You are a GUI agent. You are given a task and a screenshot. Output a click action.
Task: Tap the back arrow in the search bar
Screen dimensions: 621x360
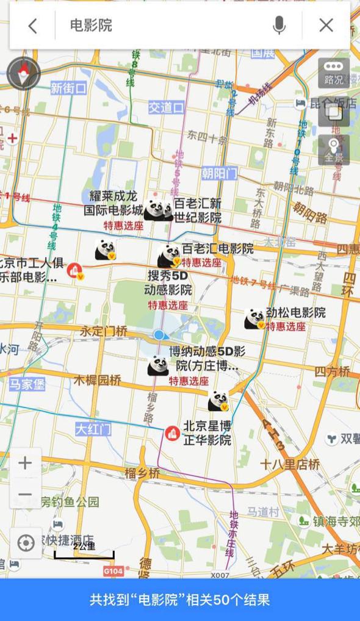pyautogui.click(x=33, y=26)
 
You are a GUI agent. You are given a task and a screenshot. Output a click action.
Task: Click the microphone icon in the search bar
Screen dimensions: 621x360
pyautogui.click(x=279, y=26)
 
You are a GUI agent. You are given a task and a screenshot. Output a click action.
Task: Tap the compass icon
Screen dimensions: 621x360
pyautogui.click(x=24, y=73)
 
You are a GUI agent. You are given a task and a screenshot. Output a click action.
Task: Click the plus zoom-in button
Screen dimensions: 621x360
pyautogui.click(x=25, y=463)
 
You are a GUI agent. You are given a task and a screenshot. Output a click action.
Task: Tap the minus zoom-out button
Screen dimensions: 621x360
pyautogui.click(x=25, y=494)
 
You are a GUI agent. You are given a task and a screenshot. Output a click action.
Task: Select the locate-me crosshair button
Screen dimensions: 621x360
pyautogui.click(x=26, y=543)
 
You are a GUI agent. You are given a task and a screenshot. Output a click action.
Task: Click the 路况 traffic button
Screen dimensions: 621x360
pyautogui.click(x=334, y=73)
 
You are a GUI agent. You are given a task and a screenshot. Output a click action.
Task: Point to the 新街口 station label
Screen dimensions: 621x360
pyautogui.click(x=68, y=88)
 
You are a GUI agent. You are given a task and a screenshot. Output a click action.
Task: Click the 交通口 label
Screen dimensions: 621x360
pyautogui.click(x=166, y=107)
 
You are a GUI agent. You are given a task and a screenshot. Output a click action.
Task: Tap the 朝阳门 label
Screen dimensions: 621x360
pyautogui.click(x=219, y=173)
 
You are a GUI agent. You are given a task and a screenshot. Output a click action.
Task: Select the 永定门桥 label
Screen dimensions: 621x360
pyautogui.click(x=104, y=331)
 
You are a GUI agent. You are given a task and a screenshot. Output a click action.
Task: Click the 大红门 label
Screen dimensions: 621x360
pyautogui.click(x=93, y=429)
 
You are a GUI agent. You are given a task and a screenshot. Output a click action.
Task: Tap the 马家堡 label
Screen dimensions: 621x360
pyautogui.click(x=27, y=384)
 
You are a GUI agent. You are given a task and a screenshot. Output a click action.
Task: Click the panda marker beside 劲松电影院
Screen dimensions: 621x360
pyautogui.click(x=254, y=318)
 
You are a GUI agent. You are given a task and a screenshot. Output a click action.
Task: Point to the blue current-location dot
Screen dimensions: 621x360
pyautogui.click(x=159, y=335)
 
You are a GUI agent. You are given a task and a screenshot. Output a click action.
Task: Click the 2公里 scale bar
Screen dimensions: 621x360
pyautogui.click(x=84, y=552)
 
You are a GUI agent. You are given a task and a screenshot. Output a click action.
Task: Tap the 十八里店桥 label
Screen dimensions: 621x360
pyautogui.click(x=290, y=464)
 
